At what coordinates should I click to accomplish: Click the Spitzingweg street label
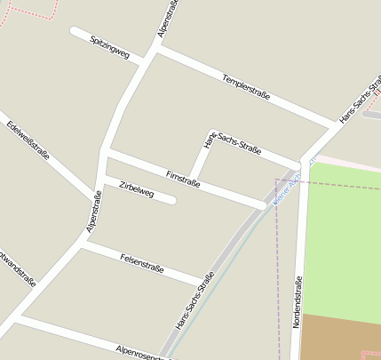[110, 48]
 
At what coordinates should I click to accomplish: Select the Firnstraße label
[183, 178]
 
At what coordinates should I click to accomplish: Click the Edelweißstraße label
[28, 141]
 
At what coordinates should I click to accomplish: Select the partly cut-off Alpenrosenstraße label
[142, 353]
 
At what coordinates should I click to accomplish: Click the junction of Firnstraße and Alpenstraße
[106, 156]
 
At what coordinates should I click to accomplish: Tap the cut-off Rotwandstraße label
[17, 266]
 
